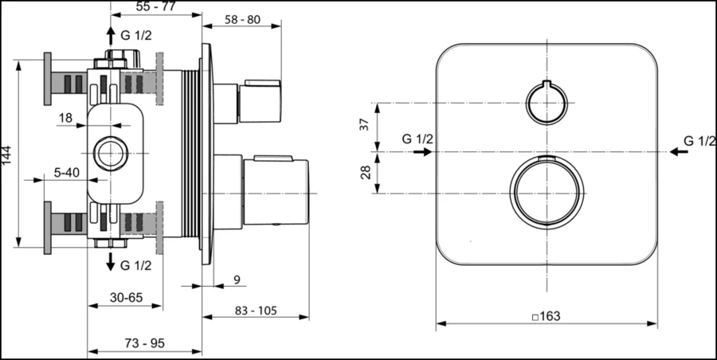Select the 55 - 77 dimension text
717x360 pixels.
click(x=156, y=6)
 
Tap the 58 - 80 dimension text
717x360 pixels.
click(x=242, y=20)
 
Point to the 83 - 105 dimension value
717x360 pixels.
click(x=256, y=311)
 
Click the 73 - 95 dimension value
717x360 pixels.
click(x=145, y=343)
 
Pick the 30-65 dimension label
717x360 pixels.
click(x=126, y=298)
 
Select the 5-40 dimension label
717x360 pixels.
click(x=67, y=173)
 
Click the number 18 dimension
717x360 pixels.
click(x=65, y=118)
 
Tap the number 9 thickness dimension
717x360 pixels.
click(x=237, y=280)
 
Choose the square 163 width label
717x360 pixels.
click(x=547, y=316)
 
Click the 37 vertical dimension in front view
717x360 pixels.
click(x=364, y=124)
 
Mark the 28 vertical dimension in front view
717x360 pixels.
click(x=366, y=173)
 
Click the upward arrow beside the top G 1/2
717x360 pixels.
click(x=111, y=36)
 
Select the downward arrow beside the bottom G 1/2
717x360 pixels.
click(x=111, y=261)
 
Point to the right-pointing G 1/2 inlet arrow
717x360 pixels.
click(x=423, y=151)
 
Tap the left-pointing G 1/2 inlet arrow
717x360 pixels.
click(x=679, y=151)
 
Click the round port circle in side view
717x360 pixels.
click(x=111, y=137)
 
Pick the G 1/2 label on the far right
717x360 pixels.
click(x=700, y=141)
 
